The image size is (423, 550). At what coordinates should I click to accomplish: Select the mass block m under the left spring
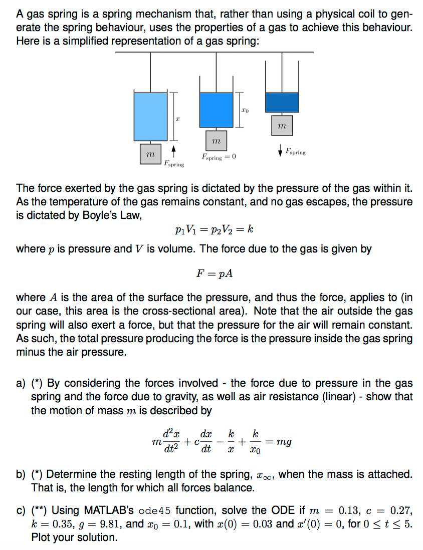pyautogui.click(x=148, y=153)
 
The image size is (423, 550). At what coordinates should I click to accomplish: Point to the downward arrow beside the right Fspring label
pyautogui.click(x=279, y=149)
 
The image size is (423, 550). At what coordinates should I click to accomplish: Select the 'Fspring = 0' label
pyautogui.click(x=219, y=157)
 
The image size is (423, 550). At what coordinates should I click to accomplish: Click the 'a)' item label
pyautogui.click(x=21, y=383)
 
